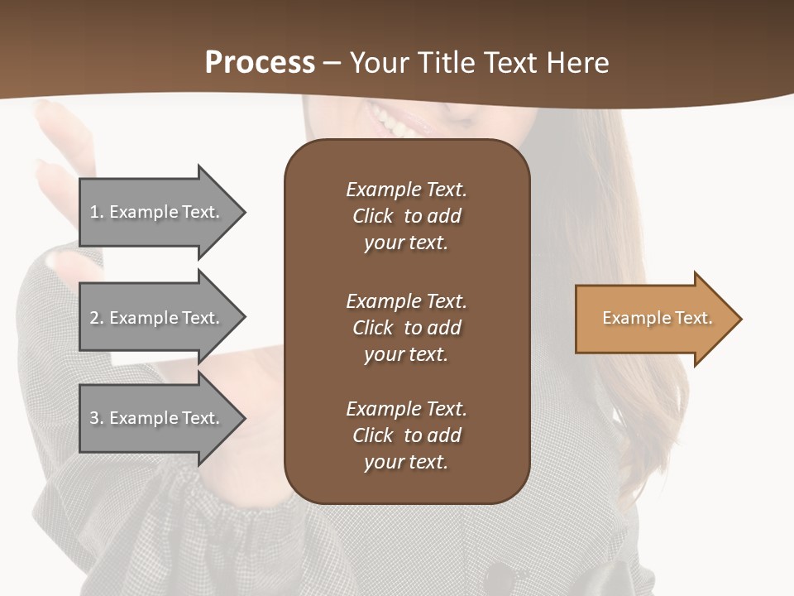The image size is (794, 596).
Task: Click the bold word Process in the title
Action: point(260,63)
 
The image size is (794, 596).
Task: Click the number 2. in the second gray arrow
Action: point(97,318)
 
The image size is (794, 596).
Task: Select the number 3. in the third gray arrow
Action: point(97,418)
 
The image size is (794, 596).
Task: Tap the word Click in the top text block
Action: point(372,216)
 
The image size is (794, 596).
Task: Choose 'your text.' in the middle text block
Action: point(406,354)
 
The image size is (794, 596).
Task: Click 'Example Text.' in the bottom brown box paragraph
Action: point(406,409)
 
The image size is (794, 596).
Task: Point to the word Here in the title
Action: point(579,63)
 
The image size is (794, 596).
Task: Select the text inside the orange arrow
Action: point(657,318)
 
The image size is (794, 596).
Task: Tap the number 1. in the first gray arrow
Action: point(96,212)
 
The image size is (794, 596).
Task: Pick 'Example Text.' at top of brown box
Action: point(406,190)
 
